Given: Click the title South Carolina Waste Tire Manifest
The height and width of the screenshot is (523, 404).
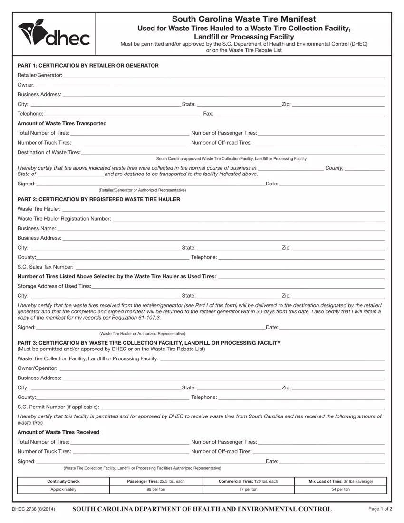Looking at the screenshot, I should click(x=243, y=19).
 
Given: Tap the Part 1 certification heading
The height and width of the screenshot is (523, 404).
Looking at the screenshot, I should click(x=88, y=65).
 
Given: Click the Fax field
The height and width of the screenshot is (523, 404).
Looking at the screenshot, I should click(x=299, y=113).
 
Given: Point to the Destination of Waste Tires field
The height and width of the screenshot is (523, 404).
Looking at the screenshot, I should click(x=233, y=152).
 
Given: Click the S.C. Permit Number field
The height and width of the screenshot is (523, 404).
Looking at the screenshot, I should click(x=242, y=406).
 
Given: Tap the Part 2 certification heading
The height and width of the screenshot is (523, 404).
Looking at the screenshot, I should click(x=99, y=199).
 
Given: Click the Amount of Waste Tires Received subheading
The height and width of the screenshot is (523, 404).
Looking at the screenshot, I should click(x=58, y=432).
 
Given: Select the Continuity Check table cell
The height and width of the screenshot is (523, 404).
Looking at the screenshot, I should click(x=63, y=481).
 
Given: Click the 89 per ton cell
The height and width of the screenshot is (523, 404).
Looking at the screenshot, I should click(x=156, y=489).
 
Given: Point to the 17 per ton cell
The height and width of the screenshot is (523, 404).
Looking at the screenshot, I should click(x=248, y=489).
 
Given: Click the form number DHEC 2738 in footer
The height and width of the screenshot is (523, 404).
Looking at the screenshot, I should click(x=34, y=509).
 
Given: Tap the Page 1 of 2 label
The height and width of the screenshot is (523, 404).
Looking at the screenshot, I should click(x=380, y=509).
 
